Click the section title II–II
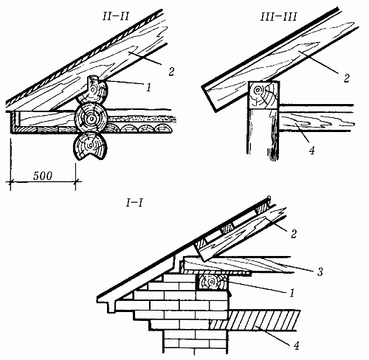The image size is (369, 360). pyautogui.click(x=116, y=17)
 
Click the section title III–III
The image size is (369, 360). pyautogui.click(x=279, y=17)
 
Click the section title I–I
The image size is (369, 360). pyautogui.click(x=134, y=204)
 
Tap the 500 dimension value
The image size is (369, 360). pyautogui.click(x=43, y=176)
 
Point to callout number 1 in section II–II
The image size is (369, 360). pyautogui.click(x=148, y=87)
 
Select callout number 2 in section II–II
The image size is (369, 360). pyautogui.click(x=171, y=72)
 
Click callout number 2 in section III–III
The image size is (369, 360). pyautogui.click(x=346, y=78)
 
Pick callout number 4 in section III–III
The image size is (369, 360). pyautogui.click(x=311, y=150)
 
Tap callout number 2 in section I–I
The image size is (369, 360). pyautogui.click(x=294, y=234)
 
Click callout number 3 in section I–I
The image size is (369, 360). pyautogui.click(x=320, y=271)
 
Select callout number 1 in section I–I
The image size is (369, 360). pyautogui.click(x=292, y=293)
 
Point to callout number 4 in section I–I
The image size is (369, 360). pyautogui.click(x=297, y=345)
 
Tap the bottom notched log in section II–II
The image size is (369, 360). pyautogui.click(x=90, y=147)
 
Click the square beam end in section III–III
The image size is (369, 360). pyautogui.click(x=263, y=94)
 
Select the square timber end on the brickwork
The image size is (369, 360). pyautogui.click(x=212, y=283)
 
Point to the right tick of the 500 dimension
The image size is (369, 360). pyautogui.click(x=75, y=182)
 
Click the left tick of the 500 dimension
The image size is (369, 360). pyautogui.click(x=10, y=182)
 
